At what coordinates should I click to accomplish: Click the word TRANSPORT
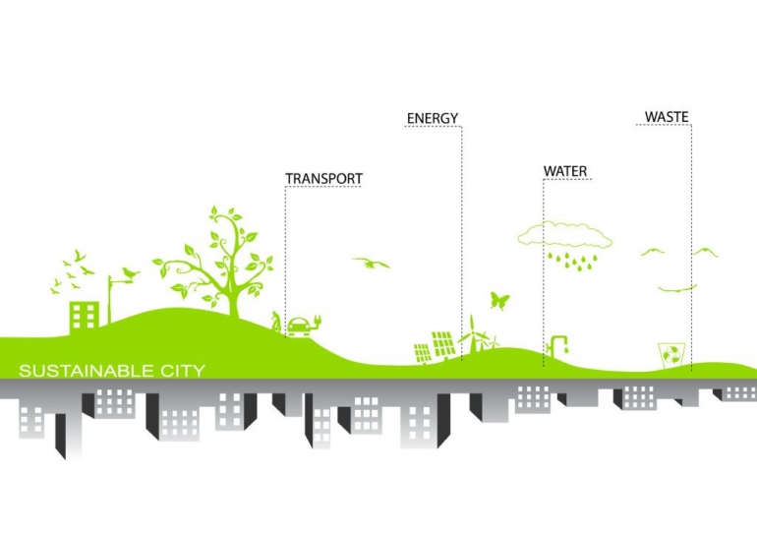coord(323,179)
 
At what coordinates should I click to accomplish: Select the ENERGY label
coord(433,119)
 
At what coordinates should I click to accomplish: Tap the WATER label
coord(565,172)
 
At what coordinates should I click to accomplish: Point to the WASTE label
coord(667,117)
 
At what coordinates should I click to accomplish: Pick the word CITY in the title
coord(183,371)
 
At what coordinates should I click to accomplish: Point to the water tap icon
coord(558,344)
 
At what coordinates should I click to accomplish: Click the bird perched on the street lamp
coord(130,270)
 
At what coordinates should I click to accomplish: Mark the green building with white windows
coord(84,315)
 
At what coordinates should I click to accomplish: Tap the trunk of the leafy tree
coord(234,290)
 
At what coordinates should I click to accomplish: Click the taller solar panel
coord(443,342)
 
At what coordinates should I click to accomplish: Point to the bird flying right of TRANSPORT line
coord(371,263)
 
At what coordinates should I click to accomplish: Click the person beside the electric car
coord(276,320)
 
